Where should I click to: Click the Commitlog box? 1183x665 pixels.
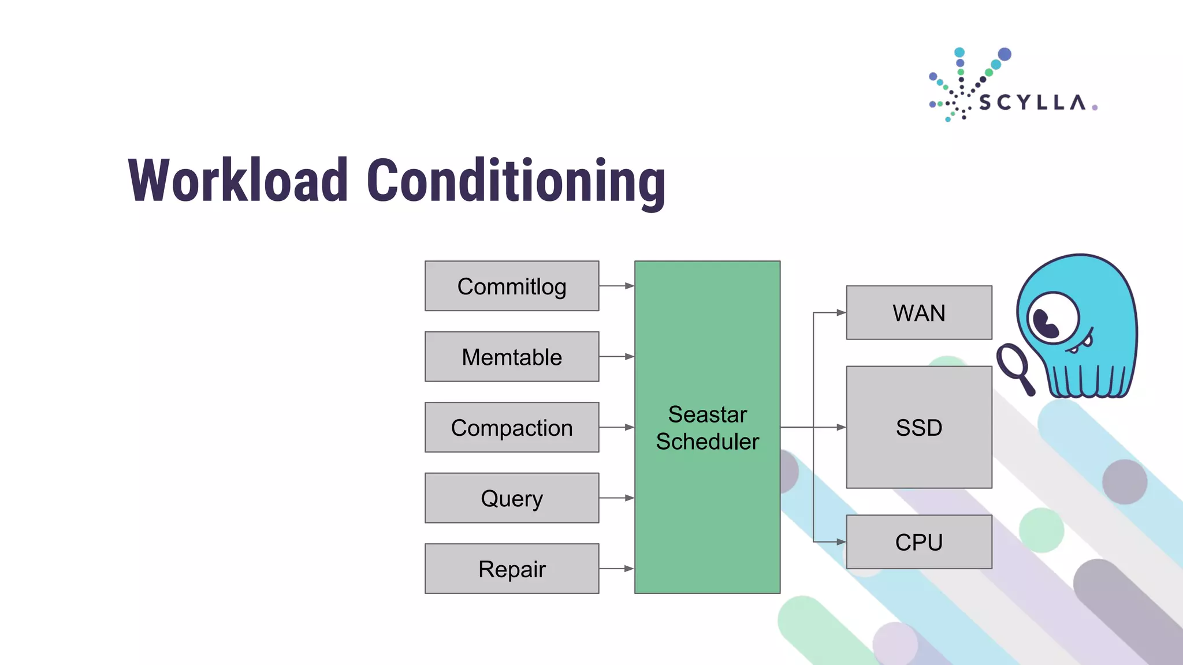click(x=512, y=286)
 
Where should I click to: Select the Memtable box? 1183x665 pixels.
click(x=512, y=357)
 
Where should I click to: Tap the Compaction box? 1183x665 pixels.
click(x=512, y=428)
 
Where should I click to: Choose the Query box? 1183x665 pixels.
click(x=512, y=498)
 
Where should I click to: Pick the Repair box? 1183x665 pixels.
click(x=512, y=569)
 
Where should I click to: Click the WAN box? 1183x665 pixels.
click(x=919, y=313)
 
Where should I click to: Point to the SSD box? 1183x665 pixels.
click(x=919, y=428)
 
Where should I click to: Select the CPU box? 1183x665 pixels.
click(x=919, y=542)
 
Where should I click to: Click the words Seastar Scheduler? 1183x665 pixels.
click(x=708, y=428)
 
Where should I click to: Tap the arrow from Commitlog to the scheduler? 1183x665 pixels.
click(x=617, y=286)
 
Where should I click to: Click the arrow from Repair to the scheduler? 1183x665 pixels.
click(x=617, y=569)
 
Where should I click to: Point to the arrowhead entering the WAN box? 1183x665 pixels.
click(x=841, y=313)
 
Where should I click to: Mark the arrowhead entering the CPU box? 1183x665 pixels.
click(x=841, y=542)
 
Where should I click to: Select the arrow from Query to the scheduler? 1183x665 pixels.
click(x=617, y=498)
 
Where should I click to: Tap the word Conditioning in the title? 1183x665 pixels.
click(x=516, y=182)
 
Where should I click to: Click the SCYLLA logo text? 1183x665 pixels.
click(x=1032, y=103)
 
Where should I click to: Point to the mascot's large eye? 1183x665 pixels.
click(x=1053, y=318)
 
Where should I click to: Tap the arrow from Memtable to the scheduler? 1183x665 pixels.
click(x=617, y=357)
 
